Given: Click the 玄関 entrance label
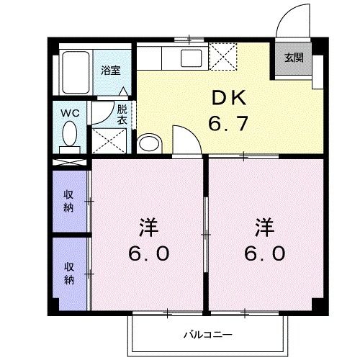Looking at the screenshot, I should tap(293, 58).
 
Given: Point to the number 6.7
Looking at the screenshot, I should tap(229, 123).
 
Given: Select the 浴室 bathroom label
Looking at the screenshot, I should tap(111, 71).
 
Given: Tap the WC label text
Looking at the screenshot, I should tap(69, 112).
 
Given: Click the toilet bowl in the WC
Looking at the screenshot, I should tap(70, 135).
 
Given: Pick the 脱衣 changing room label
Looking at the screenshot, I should tap(122, 114).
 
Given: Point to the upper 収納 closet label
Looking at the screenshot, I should tap(69, 200).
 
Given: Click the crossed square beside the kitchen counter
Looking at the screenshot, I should tap(220, 54).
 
